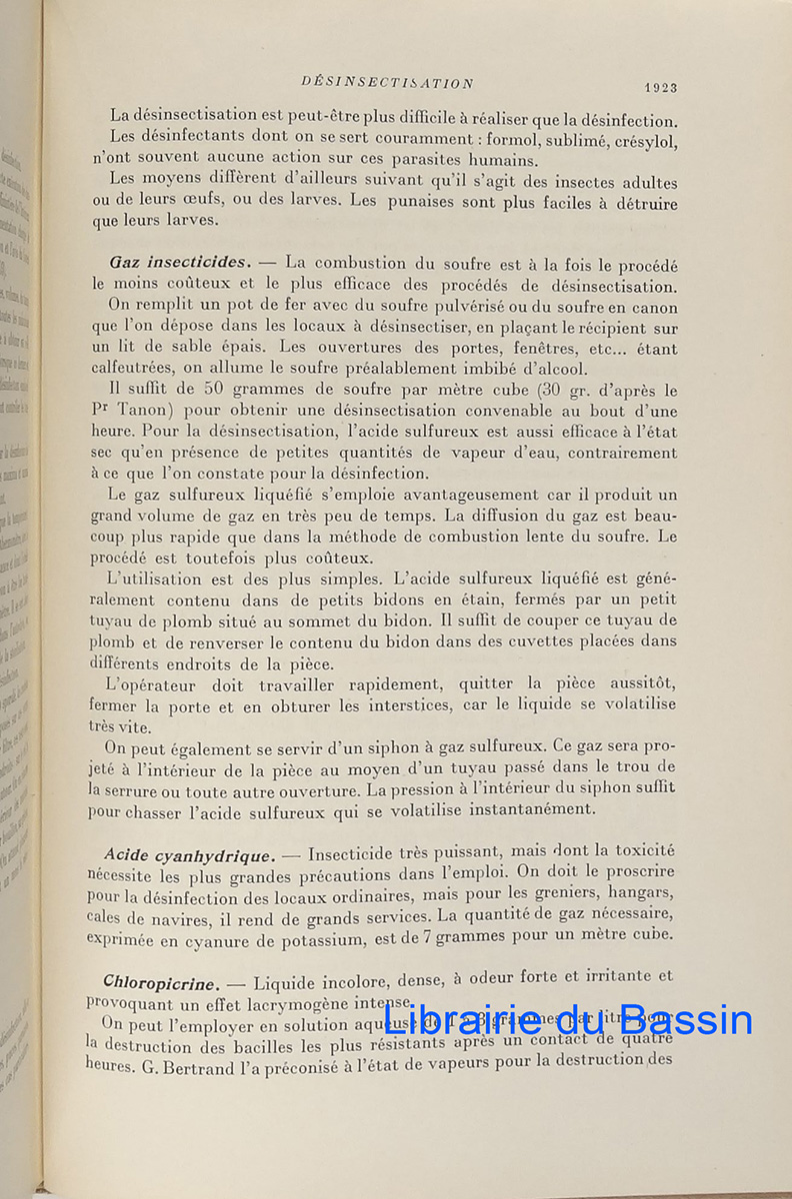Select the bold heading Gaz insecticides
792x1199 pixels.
(177, 263)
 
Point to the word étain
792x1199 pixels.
(400, 600)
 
